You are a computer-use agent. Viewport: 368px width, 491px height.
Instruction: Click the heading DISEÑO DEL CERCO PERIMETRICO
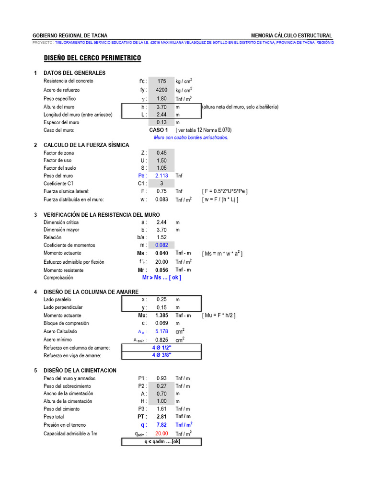pos(92,58)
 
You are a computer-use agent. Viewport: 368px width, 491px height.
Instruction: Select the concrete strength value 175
pos(161,81)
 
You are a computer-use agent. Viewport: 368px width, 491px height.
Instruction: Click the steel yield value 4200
pos(161,90)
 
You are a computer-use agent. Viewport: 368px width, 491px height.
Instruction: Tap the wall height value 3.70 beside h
pos(161,107)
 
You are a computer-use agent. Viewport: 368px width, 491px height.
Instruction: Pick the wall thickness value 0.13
pos(161,123)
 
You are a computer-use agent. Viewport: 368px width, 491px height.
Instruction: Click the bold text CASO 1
pos(159,130)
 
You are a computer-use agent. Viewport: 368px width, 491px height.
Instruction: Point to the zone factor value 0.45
pos(161,153)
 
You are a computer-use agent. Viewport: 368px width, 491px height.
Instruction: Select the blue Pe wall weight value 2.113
pos(161,176)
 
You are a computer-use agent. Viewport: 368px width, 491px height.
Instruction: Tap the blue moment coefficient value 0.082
pos(161,245)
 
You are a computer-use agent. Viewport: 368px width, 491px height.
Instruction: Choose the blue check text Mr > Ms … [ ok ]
pos(161,278)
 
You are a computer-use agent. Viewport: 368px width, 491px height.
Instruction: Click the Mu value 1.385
pos(161,316)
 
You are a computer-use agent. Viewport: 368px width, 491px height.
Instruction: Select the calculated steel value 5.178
pos(161,331)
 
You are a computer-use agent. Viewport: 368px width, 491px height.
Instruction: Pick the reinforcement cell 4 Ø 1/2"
pos(161,348)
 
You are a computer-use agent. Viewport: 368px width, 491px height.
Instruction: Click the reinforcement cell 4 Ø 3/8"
pos(161,355)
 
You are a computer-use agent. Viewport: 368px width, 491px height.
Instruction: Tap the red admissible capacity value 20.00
pos(161,433)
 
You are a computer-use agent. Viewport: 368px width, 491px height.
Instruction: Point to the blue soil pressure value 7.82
pos(161,425)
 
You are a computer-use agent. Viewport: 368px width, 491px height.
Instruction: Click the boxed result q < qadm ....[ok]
pos(162,442)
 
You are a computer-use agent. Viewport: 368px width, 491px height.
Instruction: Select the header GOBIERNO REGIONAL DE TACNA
pos(69,35)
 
